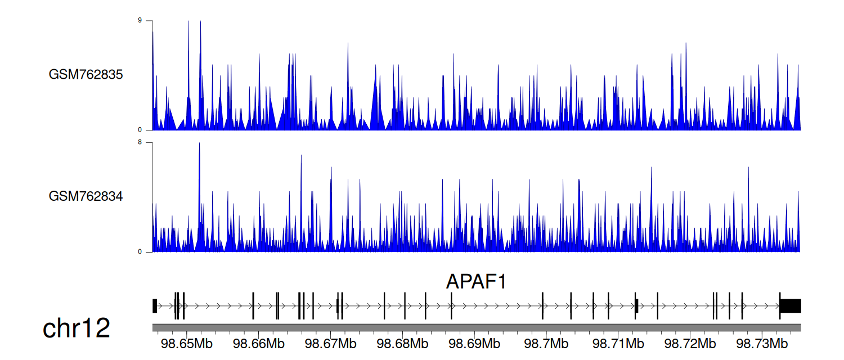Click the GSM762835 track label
click(x=86, y=75)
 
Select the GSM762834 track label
click(x=86, y=196)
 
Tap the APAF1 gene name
click(x=476, y=281)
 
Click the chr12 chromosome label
click(x=76, y=328)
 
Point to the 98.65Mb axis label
click(x=186, y=344)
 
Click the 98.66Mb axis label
click(x=258, y=344)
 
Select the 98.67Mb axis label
click(x=330, y=344)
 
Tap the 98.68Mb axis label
click(x=402, y=344)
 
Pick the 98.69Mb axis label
click(x=474, y=344)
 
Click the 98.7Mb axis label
click(x=546, y=344)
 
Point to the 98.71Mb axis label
click(x=618, y=344)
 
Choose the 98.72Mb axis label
click(x=690, y=344)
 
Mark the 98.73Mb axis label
click(x=762, y=344)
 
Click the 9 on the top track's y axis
click(x=140, y=20)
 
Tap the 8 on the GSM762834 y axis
click(x=140, y=142)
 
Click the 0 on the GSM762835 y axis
click(x=140, y=130)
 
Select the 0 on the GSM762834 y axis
click(x=140, y=252)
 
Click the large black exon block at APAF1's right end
click(x=791, y=306)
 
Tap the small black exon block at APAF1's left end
click(x=155, y=306)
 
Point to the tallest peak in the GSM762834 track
click(x=199, y=143)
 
